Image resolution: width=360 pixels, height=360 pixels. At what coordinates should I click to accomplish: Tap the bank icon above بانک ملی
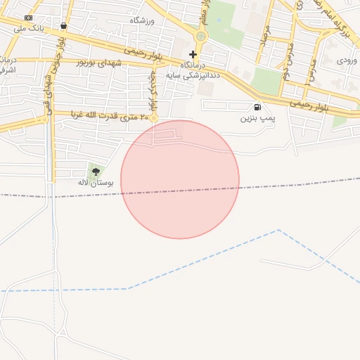(x=28, y=18)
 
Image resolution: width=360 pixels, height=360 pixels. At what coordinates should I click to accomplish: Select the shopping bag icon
(x=64, y=26)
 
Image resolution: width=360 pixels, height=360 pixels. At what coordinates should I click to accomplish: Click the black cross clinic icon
(x=193, y=54)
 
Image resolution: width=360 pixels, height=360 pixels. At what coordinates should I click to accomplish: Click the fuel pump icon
(x=257, y=107)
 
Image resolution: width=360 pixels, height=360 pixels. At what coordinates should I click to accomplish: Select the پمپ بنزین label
(x=258, y=118)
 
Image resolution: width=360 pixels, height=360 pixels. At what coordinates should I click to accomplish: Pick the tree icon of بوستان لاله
(x=96, y=171)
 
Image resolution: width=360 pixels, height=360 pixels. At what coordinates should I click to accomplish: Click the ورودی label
(x=347, y=60)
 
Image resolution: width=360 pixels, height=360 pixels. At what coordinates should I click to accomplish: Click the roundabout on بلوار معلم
(x=201, y=36)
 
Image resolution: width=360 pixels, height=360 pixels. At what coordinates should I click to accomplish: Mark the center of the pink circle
(x=180, y=179)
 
